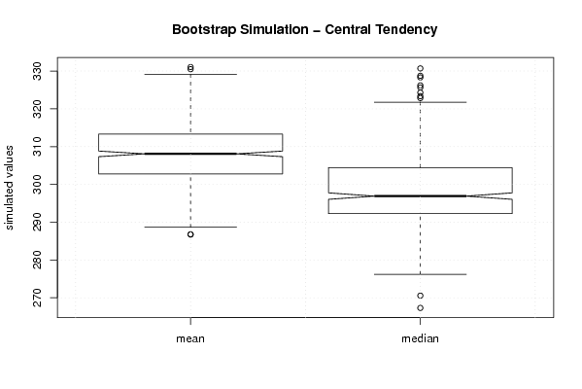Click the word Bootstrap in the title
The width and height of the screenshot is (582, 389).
(x=203, y=30)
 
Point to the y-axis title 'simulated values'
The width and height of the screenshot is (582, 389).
(x=9, y=188)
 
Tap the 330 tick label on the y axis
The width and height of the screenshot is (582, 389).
(x=38, y=71)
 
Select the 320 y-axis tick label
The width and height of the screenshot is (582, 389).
(x=38, y=109)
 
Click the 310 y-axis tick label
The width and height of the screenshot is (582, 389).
(x=38, y=147)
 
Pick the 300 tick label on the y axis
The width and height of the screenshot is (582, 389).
(x=38, y=184)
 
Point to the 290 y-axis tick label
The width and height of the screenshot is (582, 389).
(x=38, y=222)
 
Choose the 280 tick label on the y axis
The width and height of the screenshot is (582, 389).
(x=38, y=260)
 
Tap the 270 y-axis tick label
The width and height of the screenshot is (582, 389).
(x=38, y=298)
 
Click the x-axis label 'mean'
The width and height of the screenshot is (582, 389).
(x=190, y=338)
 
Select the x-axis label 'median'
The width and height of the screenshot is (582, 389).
(x=420, y=338)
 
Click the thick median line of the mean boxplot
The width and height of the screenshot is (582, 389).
(x=190, y=154)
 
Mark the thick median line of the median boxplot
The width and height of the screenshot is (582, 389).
(x=420, y=195)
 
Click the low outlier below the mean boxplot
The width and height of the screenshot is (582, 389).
(x=190, y=234)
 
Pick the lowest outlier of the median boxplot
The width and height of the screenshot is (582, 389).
(x=420, y=308)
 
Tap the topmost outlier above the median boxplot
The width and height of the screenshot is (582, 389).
(x=420, y=68)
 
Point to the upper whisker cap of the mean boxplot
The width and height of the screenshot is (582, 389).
(x=190, y=74)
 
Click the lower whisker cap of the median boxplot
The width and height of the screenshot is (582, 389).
(x=420, y=274)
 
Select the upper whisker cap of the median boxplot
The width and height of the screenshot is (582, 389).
(x=420, y=102)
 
